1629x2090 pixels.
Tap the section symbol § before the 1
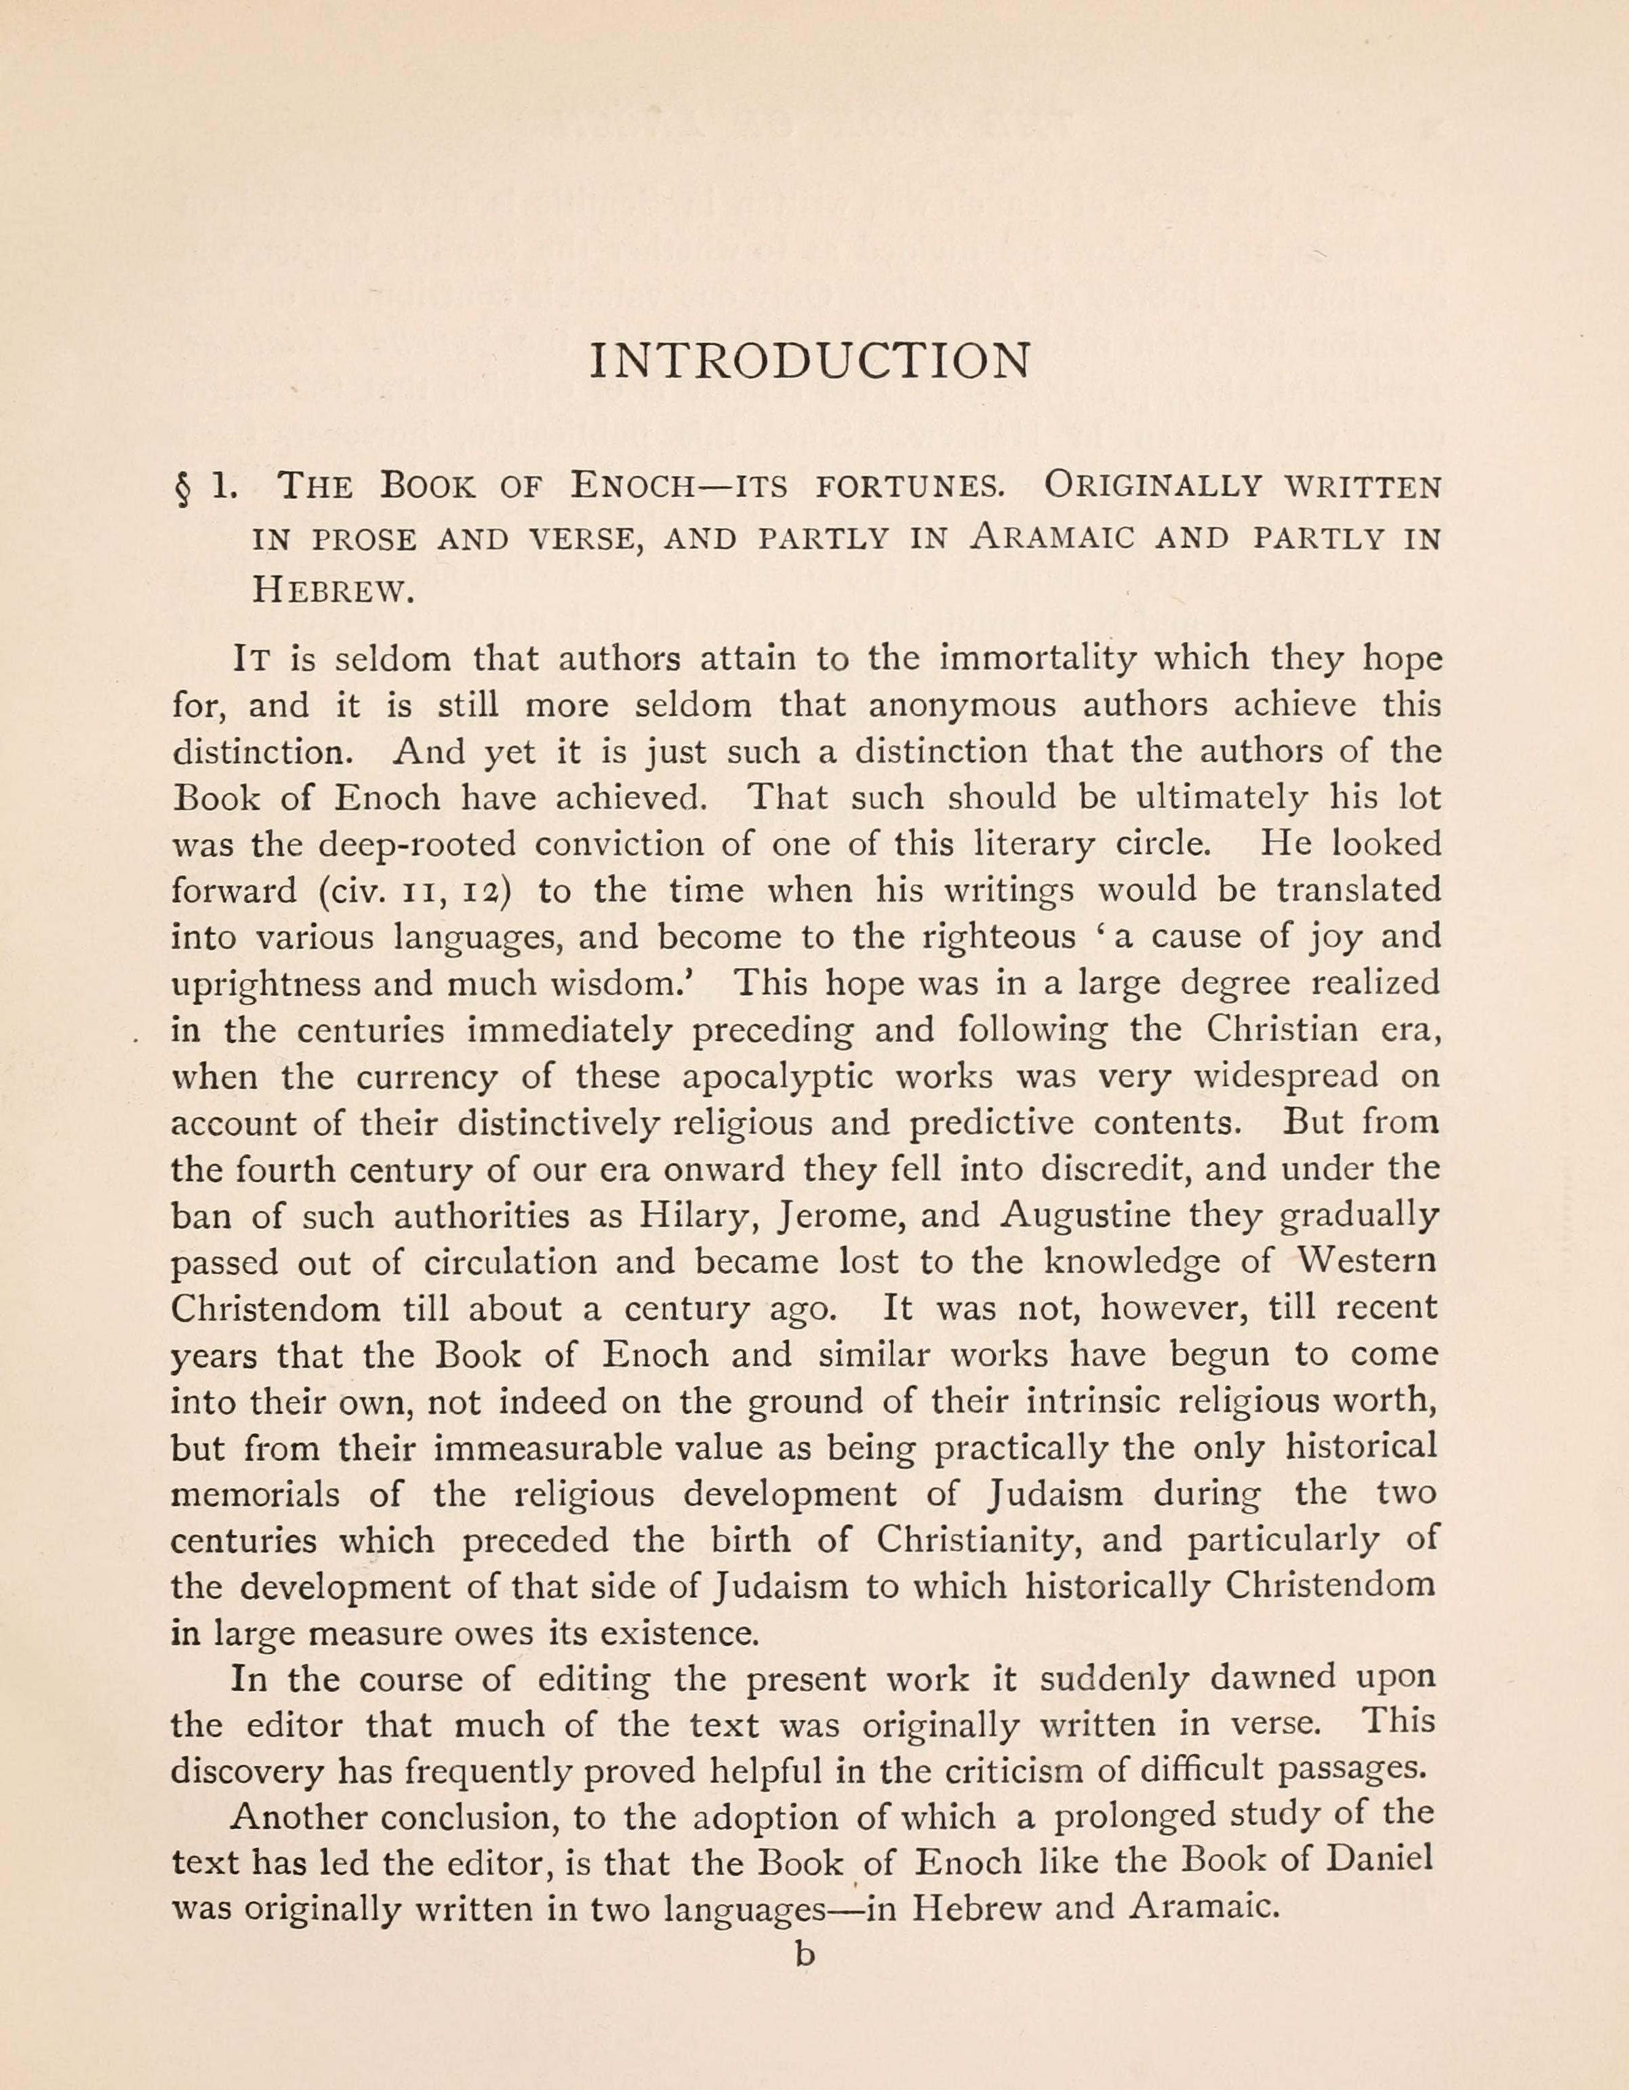183,490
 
